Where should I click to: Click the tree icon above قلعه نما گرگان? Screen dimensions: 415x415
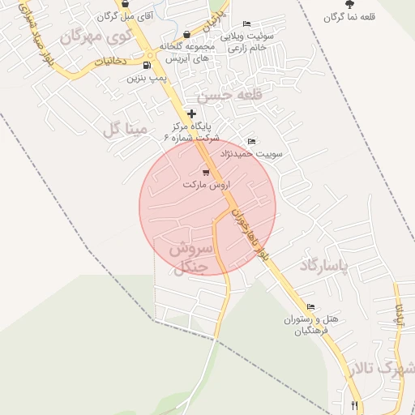click(x=349, y=4)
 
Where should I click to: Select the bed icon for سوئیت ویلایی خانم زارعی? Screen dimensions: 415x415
click(x=246, y=24)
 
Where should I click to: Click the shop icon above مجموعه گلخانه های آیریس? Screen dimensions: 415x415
click(x=187, y=34)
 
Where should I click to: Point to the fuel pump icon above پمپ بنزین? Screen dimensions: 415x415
click(x=146, y=66)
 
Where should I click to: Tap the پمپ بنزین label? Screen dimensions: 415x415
click(x=146, y=79)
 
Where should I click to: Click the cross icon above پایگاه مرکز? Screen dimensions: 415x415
click(x=191, y=113)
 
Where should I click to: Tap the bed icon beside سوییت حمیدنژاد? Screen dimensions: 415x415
click(x=250, y=142)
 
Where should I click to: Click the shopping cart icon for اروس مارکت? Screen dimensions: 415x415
click(x=206, y=172)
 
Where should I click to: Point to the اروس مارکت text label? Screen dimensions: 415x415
click(x=207, y=185)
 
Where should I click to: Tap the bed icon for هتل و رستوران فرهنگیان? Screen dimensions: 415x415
click(x=310, y=306)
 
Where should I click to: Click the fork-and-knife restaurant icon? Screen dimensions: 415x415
click(x=354, y=404)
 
